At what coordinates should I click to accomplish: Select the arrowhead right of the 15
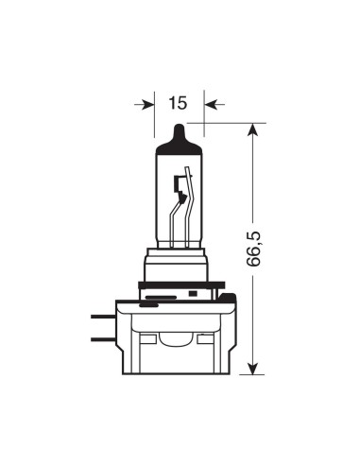(x=210, y=105)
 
